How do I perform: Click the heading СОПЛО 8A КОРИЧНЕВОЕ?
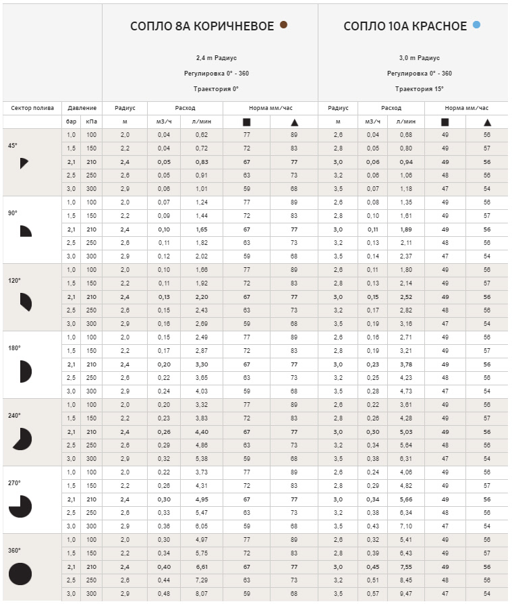[202, 26]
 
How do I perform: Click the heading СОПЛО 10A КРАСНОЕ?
[405, 26]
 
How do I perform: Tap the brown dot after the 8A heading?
[284, 25]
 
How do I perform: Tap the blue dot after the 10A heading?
[477, 25]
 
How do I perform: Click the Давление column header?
[82, 108]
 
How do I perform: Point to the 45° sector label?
[13, 145]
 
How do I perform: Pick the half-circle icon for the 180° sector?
[26, 370]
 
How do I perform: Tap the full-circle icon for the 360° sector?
[20, 574]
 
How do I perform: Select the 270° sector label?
[13, 483]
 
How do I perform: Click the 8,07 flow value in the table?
[201, 594]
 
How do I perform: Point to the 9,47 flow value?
[405, 594]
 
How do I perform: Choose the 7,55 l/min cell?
[405, 567]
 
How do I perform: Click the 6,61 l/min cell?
[201, 567]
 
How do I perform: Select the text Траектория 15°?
[419, 88]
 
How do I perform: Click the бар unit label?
[71, 122]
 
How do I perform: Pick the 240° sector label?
[13, 416]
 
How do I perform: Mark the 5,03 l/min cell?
[405, 432]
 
